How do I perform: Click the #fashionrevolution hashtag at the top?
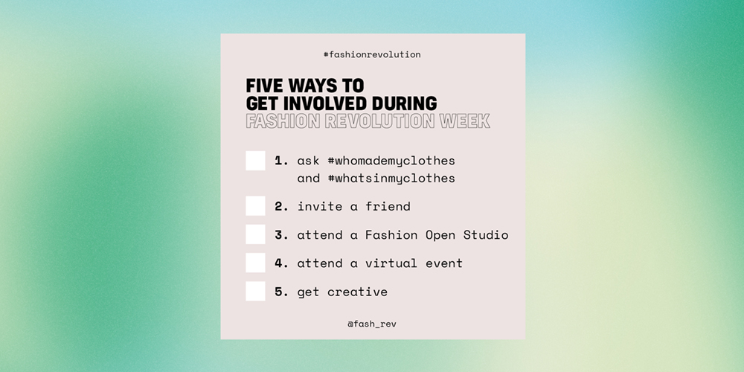point(372,54)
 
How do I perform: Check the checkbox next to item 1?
point(255,161)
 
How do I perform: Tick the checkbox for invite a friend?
point(255,206)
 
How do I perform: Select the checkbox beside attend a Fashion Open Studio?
point(255,234)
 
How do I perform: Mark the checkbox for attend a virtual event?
point(255,263)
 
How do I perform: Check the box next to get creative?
point(255,292)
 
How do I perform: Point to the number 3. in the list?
point(281,235)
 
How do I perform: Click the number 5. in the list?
point(281,292)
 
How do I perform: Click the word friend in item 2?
point(388,206)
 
